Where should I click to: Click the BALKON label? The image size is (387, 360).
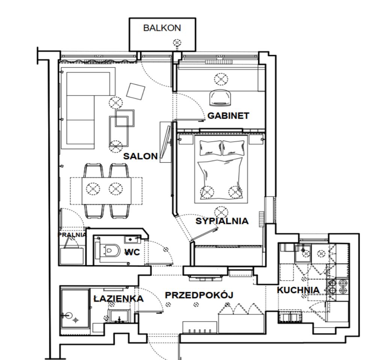pyautogui.click(x=162, y=28)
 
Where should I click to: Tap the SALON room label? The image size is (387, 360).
pyautogui.click(x=140, y=156)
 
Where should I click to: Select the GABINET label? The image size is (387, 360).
pyautogui.click(x=228, y=115)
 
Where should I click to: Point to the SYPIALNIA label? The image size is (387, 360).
pyautogui.click(x=222, y=221)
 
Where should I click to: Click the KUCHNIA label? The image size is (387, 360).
pyautogui.click(x=298, y=290)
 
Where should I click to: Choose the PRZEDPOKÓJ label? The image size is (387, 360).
pyautogui.click(x=199, y=295)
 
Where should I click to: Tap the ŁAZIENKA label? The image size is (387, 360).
pyautogui.click(x=119, y=298)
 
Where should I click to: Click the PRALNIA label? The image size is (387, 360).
pyautogui.click(x=72, y=235)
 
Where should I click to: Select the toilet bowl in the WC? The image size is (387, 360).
pyautogui.click(x=110, y=250)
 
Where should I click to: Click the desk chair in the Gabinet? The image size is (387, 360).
pyautogui.click(x=220, y=98)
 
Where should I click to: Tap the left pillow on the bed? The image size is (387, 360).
pyautogui.click(x=210, y=148)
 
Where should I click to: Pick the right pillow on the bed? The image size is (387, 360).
pyautogui.click(x=233, y=148)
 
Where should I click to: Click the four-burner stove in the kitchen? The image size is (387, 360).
pyautogui.click(x=337, y=286)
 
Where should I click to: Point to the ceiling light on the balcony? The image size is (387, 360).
pyautogui.click(x=177, y=43)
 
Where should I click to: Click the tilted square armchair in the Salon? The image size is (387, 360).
pyautogui.click(x=136, y=91)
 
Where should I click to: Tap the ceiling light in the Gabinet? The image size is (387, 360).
pyautogui.click(x=221, y=79)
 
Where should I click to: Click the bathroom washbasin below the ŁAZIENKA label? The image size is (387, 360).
pyautogui.click(x=119, y=316)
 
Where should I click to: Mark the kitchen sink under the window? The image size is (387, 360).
pyautogui.click(x=303, y=252)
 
